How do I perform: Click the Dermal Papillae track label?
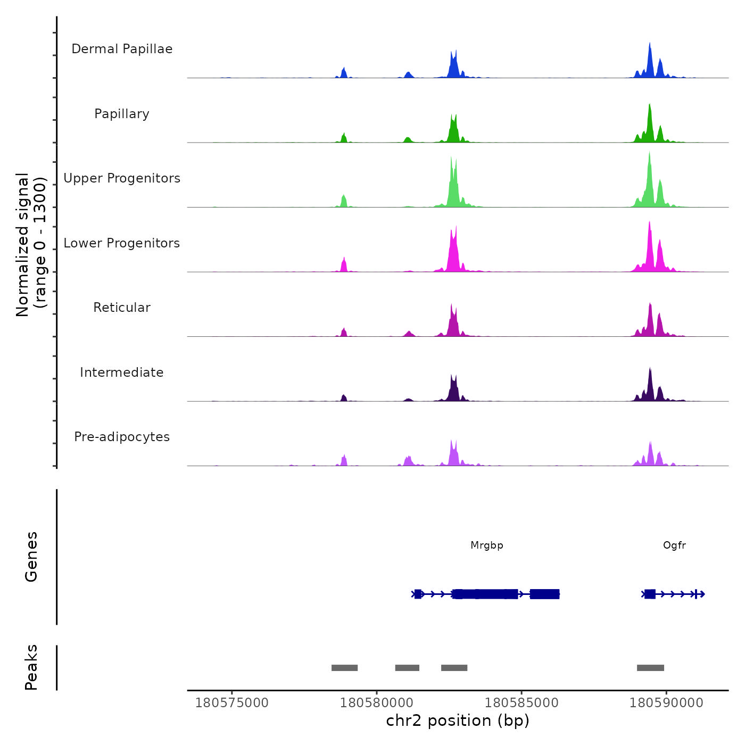tap(122, 49)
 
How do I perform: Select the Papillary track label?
tap(122, 114)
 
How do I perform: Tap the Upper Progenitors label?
tap(122, 178)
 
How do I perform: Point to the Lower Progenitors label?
tap(122, 243)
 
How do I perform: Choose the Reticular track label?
tap(122, 308)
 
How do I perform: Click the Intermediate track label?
tap(122, 372)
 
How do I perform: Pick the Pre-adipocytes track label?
tap(122, 437)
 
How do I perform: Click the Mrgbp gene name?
tap(487, 545)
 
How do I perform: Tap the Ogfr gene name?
tap(674, 545)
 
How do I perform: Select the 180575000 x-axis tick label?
tap(232, 703)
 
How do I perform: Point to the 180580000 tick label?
tap(377, 703)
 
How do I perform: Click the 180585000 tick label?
tap(521, 703)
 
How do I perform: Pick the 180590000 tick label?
tap(666, 703)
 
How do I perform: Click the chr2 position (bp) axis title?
tap(458, 721)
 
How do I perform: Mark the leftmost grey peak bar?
tap(344, 668)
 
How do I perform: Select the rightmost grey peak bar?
tap(650, 668)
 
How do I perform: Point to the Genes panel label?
tap(31, 557)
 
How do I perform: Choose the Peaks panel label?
tap(31, 667)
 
